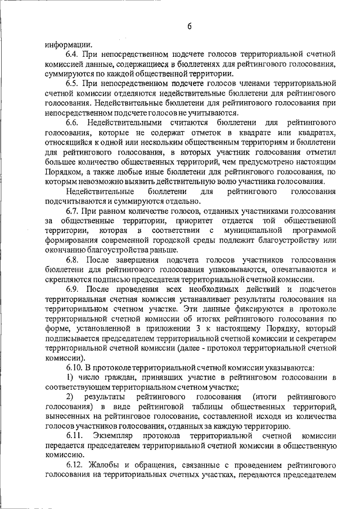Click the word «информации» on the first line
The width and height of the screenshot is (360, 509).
point(66,45)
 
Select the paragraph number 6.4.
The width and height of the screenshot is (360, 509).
point(73,55)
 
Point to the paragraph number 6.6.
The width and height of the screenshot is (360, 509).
point(73,123)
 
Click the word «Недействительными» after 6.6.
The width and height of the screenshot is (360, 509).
point(129,123)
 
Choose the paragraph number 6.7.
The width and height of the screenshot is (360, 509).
point(73,210)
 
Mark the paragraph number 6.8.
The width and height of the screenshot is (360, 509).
point(73,260)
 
